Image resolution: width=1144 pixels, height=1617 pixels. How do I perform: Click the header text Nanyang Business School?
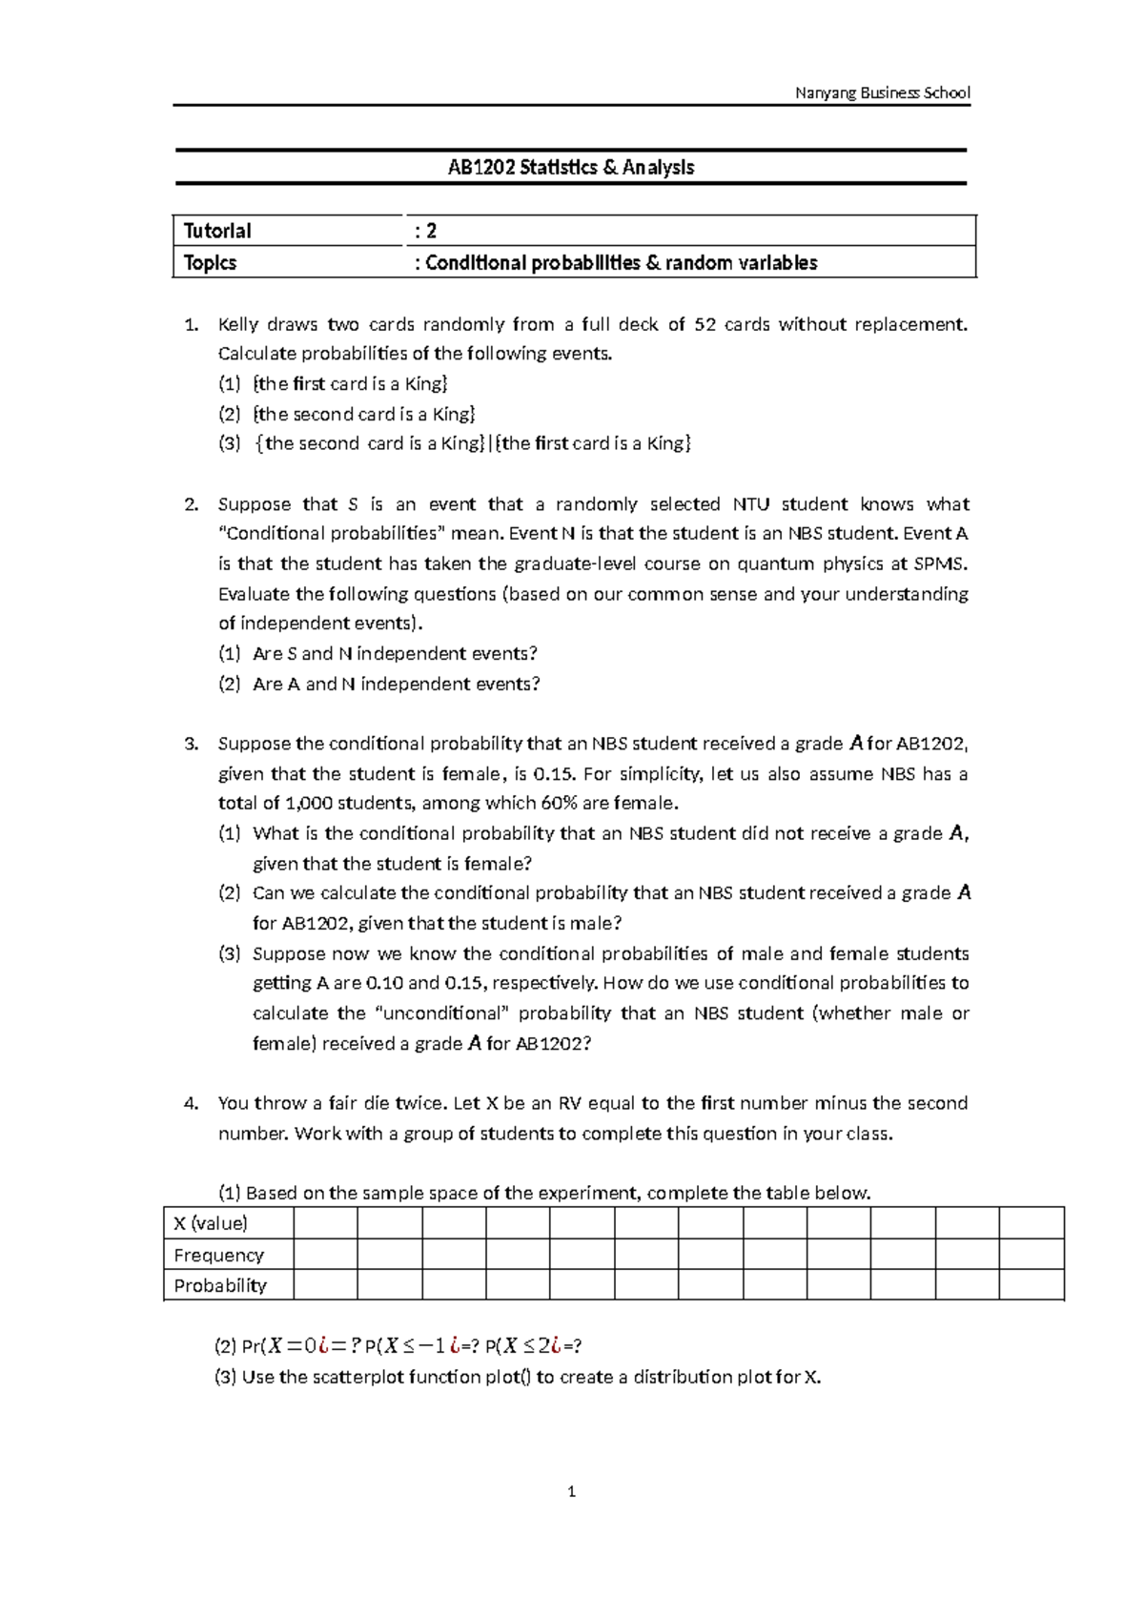pos(882,92)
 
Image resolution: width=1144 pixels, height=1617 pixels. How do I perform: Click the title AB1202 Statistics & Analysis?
pos(571,168)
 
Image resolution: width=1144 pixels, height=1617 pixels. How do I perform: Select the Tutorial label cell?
pos(217,231)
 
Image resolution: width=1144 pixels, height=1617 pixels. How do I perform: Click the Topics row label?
pos(210,263)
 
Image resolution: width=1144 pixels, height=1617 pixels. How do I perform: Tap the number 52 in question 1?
pos(705,324)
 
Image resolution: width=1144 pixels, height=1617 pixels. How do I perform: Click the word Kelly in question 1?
pos(237,324)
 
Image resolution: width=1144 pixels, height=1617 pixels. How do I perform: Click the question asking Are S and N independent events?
pos(395,654)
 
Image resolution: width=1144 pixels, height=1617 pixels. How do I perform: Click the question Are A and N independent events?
pos(397,684)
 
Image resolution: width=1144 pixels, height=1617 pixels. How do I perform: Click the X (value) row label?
pos(211,1223)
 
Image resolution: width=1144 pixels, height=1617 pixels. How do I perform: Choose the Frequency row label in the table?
pos(218,1255)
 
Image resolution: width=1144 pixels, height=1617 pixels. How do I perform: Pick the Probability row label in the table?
pos(220,1285)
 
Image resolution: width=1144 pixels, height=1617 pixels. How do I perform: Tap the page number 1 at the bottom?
pos(571,1492)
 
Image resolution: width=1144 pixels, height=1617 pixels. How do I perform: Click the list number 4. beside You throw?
pos(192,1104)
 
